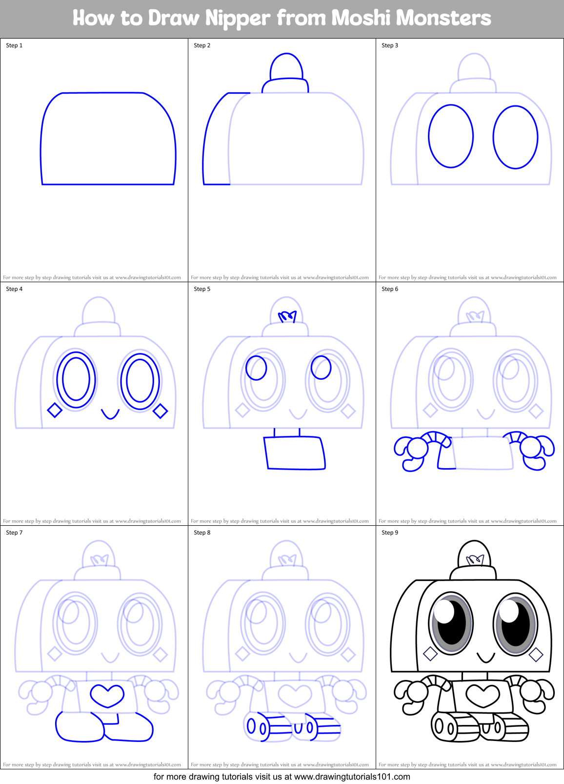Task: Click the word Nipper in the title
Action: point(237,19)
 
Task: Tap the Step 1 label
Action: point(14,45)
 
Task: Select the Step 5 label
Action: point(202,289)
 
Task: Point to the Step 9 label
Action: point(390,533)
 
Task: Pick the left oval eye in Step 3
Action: point(451,136)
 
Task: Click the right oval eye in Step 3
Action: point(515,137)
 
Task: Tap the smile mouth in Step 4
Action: point(110,414)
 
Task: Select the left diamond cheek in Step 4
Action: point(55,411)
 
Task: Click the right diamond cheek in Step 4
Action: point(161,412)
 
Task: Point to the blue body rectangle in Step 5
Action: point(295,453)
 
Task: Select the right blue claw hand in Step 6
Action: point(535,452)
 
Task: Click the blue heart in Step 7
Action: point(107,695)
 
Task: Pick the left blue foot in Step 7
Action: point(79,727)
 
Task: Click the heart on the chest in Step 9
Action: point(483,694)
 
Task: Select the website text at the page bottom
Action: point(282,777)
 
